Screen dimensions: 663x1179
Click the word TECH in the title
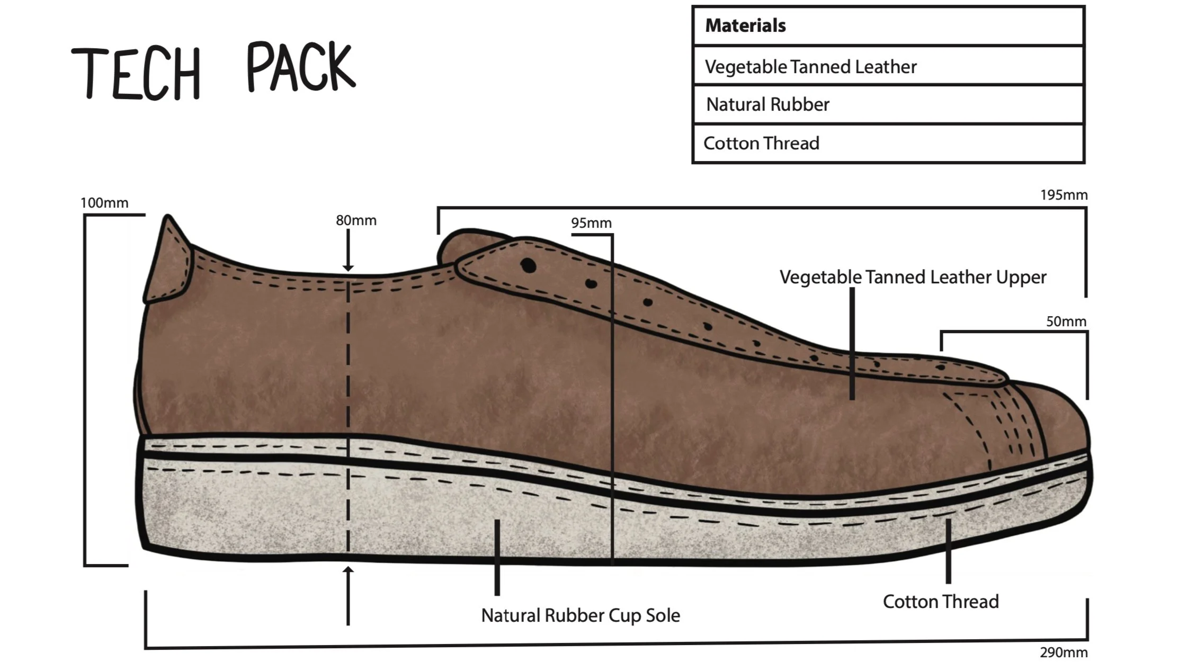(137, 73)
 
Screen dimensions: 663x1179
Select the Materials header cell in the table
(745, 25)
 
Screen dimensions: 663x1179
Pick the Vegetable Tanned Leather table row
(810, 67)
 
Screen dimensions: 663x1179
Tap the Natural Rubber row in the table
(767, 104)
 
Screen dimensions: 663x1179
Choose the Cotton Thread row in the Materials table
(761, 143)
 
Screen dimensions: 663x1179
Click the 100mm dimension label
(104, 203)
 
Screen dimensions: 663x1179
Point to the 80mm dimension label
(356, 220)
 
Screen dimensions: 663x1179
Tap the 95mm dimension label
(591, 223)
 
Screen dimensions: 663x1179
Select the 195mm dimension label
(1064, 195)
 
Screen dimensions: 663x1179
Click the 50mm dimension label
(1066, 321)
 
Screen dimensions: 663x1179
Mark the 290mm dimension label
(1064, 652)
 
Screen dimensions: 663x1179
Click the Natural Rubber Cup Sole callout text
(580, 615)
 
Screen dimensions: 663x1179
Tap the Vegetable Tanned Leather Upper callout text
(913, 277)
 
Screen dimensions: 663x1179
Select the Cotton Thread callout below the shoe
(941, 602)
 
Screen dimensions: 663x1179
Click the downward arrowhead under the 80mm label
(348, 267)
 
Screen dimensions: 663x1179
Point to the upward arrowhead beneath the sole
(348, 571)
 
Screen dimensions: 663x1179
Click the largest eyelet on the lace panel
(528, 265)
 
